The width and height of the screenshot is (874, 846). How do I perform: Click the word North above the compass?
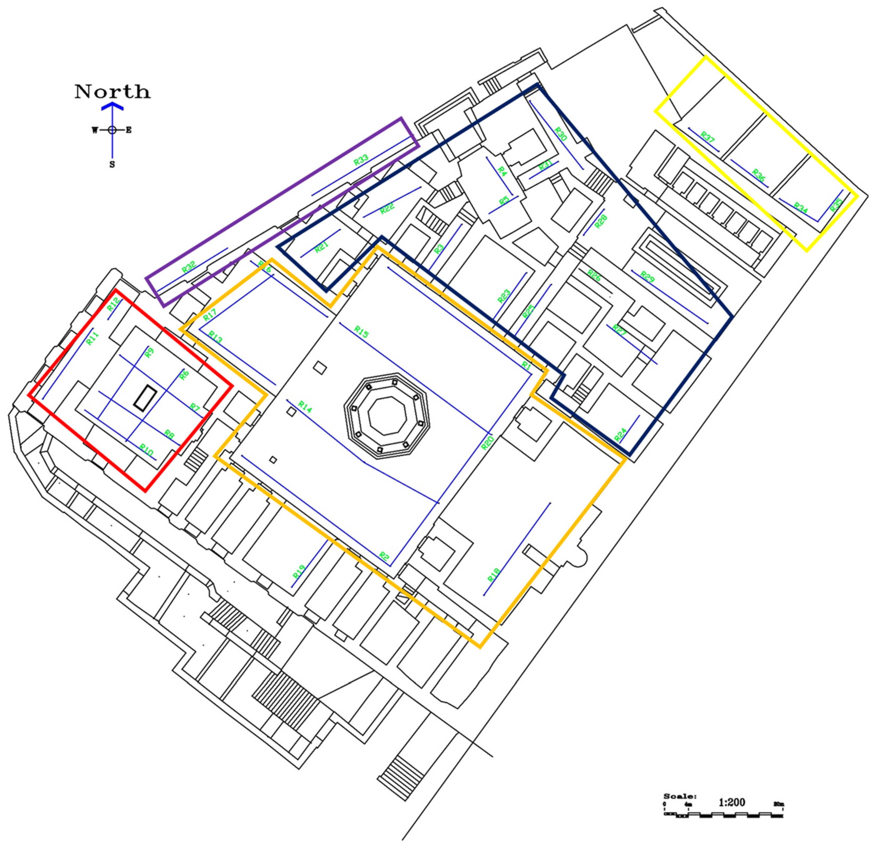[112, 92]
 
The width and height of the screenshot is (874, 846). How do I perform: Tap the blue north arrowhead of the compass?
[112, 106]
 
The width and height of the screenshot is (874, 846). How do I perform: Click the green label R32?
[189, 268]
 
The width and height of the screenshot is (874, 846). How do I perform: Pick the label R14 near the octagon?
[305, 406]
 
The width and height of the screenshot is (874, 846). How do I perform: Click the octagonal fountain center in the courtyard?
[387, 416]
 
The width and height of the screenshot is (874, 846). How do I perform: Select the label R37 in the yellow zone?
[708, 137]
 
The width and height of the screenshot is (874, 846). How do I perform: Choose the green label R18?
[494, 575]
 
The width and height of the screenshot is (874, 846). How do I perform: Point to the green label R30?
[561, 134]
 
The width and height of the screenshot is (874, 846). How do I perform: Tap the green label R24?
[620, 435]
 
